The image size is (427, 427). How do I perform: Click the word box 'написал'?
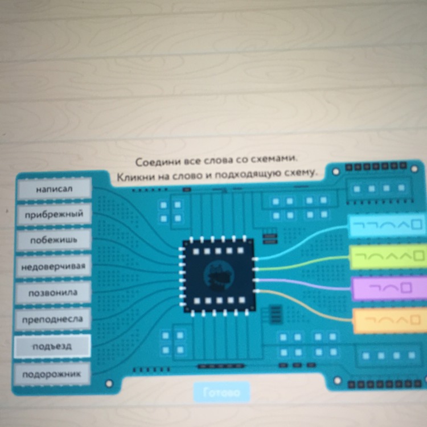point(55,188)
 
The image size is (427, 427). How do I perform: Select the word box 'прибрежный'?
point(54,214)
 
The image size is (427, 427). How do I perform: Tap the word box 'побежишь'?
point(54,240)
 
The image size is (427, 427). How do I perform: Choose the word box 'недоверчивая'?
point(54,266)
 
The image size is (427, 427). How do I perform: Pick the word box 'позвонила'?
point(53,293)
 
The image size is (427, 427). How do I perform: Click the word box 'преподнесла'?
point(52,319)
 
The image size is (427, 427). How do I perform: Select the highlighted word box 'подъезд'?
point(52,346)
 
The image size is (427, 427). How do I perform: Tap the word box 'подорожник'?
point(52,374)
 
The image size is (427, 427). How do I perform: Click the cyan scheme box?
point(387,225)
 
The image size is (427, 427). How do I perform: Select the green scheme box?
point(388,257)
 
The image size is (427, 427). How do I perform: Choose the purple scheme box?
point(389,288)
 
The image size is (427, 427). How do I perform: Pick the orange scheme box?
point(390,321)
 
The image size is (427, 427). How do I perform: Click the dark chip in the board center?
point(219,276)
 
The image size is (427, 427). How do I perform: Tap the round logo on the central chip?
point(219,276)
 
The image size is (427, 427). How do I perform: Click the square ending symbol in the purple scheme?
point(406,288)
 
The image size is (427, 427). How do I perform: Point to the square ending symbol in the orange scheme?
point(414,320)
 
